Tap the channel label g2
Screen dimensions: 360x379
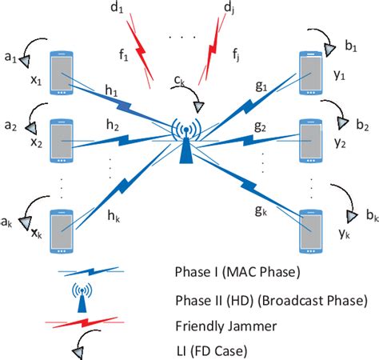tap(259, 126)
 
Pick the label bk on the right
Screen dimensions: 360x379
tap(369, 217)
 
